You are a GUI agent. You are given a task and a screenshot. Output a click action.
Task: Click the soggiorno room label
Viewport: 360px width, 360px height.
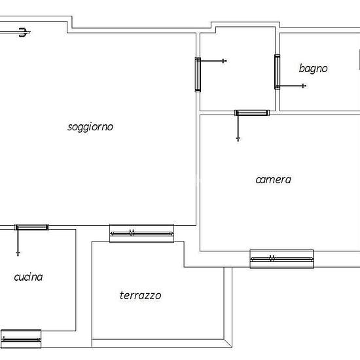[90, 127]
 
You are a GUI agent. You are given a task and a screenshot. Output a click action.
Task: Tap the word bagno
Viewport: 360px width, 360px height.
[313, 69]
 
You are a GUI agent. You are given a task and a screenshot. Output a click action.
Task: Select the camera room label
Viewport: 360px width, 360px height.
[273, 180]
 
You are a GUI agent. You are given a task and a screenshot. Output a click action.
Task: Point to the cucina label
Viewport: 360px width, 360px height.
[28, 277]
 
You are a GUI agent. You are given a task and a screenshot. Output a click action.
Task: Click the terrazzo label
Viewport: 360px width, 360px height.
[140, 295]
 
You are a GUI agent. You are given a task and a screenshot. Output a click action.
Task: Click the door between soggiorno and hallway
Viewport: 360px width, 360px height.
[198, 75]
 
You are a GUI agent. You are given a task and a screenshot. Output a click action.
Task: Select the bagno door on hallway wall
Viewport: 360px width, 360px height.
[278, 72]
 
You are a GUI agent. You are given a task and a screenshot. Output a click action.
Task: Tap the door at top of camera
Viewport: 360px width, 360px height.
[252, 113]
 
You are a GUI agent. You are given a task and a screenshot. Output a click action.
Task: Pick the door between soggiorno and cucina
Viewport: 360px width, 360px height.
[31, 227]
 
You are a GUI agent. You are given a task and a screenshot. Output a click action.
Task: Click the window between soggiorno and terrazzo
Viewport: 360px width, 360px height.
[141, 233]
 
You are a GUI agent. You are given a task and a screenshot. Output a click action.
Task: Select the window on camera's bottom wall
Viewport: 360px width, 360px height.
[281, 259]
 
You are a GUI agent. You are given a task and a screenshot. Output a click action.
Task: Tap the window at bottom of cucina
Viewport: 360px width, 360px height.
[21, 339]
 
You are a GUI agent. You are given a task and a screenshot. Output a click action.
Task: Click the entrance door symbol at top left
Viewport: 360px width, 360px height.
[23, 32]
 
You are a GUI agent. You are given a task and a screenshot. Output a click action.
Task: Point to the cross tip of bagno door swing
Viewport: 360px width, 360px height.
[304, 86]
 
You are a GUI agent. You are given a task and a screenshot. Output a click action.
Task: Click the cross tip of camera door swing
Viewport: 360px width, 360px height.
[238, 139]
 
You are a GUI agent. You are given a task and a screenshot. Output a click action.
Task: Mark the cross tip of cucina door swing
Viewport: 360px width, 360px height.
[18, 254]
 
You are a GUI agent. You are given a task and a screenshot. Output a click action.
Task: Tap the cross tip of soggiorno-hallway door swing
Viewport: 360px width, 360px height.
[224, 61]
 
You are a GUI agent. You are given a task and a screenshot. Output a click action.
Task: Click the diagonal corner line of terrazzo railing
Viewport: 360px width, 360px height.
[228, 343]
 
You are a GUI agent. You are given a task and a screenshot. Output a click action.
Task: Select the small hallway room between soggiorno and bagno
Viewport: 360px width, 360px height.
[238, 69]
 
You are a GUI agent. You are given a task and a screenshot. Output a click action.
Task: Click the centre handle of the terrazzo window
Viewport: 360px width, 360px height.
[132, 232]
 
